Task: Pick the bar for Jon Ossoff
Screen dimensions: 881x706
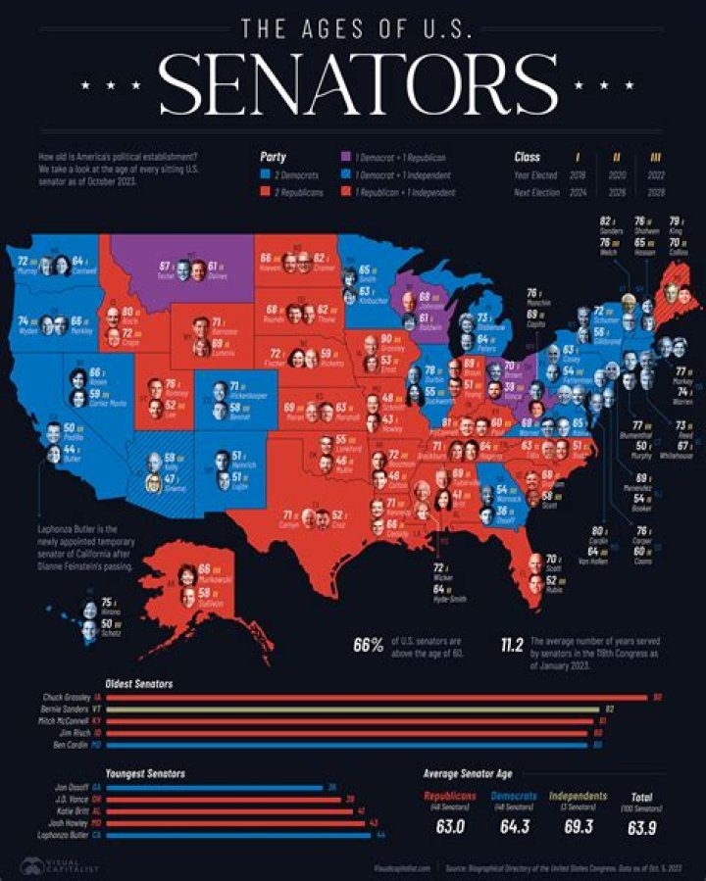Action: (x=216, y=787)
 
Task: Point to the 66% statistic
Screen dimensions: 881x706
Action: (x=369, y=645)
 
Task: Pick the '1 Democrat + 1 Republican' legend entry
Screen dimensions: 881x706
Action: (x=400, y=157)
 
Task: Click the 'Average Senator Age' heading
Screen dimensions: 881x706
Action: (x=469, y=773)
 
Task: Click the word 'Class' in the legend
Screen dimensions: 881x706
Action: (x=528, y=156)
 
